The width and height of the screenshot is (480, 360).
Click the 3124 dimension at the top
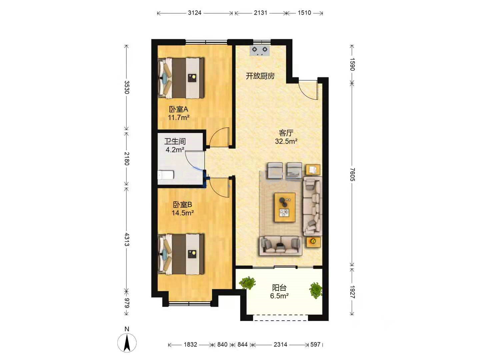pyautogui.click(x=194, y=13)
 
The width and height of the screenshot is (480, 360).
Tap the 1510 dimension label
pyautogui.click(x=304, y=13)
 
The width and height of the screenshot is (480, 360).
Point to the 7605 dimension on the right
pyautogui.click(x=352, y=174)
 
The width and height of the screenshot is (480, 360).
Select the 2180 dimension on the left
pyautogui.click(x=127, y=158)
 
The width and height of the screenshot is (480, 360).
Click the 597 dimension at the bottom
pyautogui.click(x=315, y=344)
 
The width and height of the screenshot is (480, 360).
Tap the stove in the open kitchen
pyautogui.click(x=260, y=50)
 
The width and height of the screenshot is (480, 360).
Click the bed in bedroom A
pyautogui.click(x=181, y=78)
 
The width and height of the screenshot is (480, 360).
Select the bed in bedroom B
pyautogui.click(x=181, y=254)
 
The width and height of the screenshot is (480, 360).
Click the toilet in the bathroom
pyautogui.click(x=166, y=175)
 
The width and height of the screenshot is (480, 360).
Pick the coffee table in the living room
pyautogui.click(x=285, y=207)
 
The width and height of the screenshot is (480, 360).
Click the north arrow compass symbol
pyautogui.click(x=127, y=342)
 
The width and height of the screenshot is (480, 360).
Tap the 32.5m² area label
pyautogui.click(x=286, y=141)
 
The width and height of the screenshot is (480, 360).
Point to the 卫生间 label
pyautogui.click(x=175, y=141)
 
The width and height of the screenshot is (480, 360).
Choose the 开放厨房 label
pyautogui.click(x=260, y=76)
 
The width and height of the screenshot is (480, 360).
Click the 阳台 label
pyautogui.click(x=279, y=288)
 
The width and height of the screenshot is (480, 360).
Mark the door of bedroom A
pyautogui.click(x=219, y=137)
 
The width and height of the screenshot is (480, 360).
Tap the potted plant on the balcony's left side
pyautogui.click(x=247, y=283)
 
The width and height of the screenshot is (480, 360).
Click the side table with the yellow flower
pyautogui.click(x=313, y=242)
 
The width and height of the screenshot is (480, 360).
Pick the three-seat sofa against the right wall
pyautogui.click(x=312, y=206)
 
